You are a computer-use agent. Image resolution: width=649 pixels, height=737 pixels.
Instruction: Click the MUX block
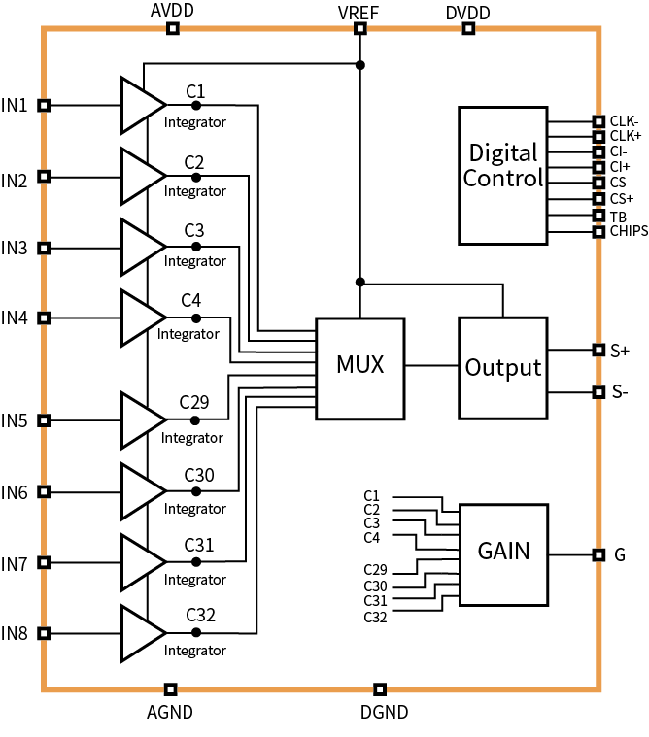[360, 367]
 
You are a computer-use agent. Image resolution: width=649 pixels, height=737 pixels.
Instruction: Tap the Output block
[502, 368]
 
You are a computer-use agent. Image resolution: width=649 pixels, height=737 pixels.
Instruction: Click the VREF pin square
[359, 28]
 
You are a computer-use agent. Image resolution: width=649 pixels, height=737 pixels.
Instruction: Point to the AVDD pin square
[172, 28]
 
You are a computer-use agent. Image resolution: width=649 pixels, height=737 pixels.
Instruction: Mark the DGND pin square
[380, 689]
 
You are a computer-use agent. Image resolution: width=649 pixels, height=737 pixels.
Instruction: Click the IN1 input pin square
[43, 105]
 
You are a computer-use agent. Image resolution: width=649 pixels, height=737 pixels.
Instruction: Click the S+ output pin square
[598, 350]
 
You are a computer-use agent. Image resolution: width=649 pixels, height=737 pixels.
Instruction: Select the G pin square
[598, 554]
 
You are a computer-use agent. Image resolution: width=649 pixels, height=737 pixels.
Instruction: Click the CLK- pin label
[625, 121]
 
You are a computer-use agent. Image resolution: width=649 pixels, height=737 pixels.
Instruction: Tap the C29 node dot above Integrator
[195, 420]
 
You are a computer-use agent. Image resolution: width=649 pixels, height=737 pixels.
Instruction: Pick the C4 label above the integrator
[191, 299]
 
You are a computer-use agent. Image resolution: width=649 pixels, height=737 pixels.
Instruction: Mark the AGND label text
[170, 712]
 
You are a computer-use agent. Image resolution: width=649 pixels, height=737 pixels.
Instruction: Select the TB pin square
[598, 216]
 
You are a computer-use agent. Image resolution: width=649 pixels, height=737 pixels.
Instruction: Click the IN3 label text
[15, 248]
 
